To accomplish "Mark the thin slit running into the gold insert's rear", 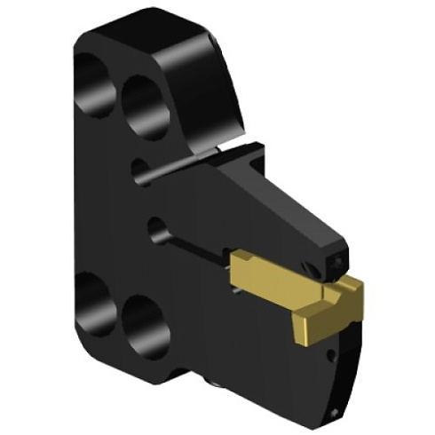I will coord(200,251).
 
